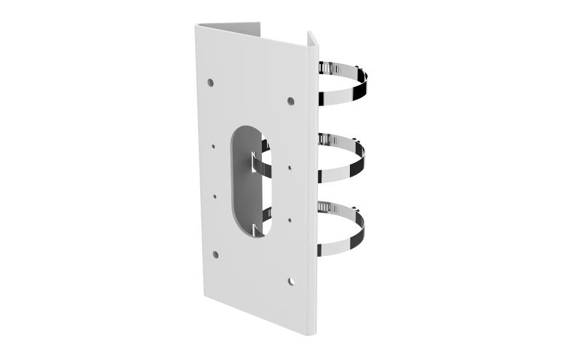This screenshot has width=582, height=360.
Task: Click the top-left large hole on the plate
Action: click(210, 83)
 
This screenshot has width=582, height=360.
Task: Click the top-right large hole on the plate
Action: click(290, 101)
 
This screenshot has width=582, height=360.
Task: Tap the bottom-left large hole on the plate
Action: click(215, 255)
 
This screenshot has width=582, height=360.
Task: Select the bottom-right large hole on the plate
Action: click(290, 281)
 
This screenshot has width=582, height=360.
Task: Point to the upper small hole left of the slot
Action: click(213, 145)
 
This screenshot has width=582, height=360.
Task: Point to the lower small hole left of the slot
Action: click(215, 195)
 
